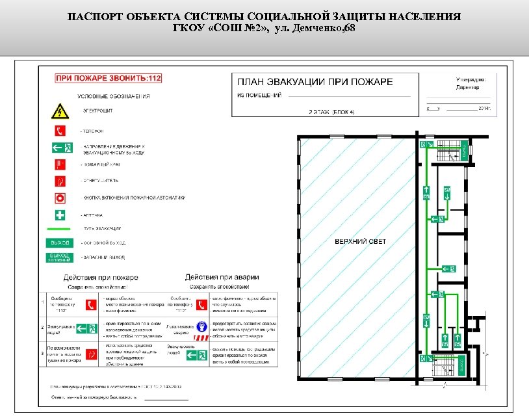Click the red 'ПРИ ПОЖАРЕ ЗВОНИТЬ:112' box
point(109,78)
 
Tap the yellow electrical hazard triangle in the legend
point(60,111)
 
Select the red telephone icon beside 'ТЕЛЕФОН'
point(60,130)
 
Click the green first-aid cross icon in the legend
point(60,214)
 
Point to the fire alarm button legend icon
point(60,197)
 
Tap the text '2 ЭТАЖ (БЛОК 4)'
point(331,112)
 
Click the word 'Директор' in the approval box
point(467,86)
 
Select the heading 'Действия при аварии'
point(222,278)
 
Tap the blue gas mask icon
point(203,326)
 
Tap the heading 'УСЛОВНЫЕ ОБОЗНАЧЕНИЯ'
point(114,96)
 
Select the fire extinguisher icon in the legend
point(60,180)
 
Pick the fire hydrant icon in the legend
point(60,164)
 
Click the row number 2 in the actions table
point(43,326)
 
